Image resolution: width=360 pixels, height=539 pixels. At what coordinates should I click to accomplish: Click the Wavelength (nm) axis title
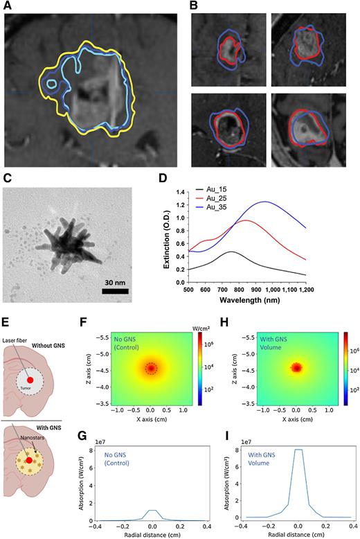coord(268,301)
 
